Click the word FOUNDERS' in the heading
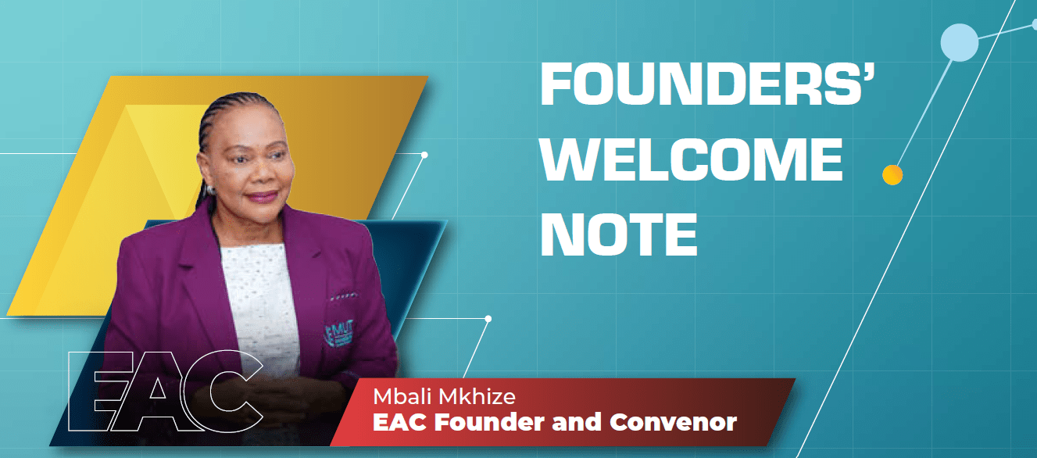tap(707, 84)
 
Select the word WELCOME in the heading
tap(692, 159)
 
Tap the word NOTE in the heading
tap(618, 234)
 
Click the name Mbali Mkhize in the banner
tap(445, 396)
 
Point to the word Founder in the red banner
tap(489, 422)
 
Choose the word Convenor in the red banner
tap(673, 422)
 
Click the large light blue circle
tap(960, 43)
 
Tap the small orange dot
tap(892, 175)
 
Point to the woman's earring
tap(209, 190)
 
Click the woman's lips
tap(262, 196)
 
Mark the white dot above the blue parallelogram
tap(424, 155)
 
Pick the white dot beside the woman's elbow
tap(488, 319)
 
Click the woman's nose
tap(263, 172)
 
